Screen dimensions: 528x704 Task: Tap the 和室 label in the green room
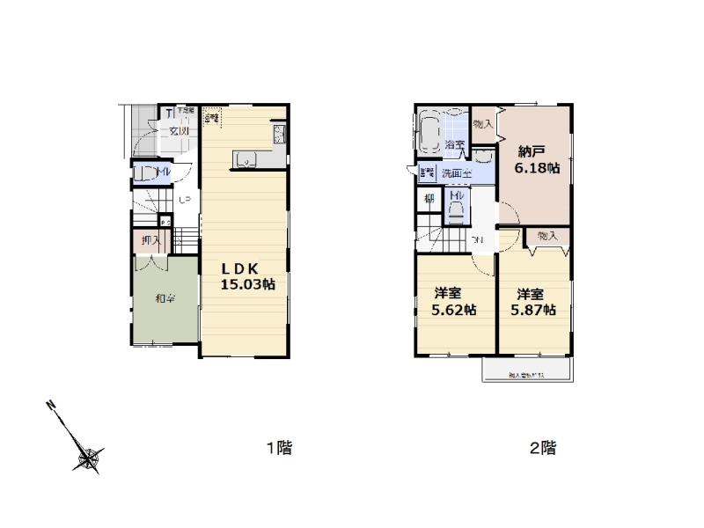(x=165, y=299)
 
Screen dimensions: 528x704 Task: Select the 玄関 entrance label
(x=180, y=131)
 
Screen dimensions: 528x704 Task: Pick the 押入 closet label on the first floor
(x=150, y=240)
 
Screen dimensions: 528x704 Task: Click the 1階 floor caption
(x=279, y=448)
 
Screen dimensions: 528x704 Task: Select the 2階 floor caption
(x=542, y=448)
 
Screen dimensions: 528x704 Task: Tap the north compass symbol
(x=89, y=457)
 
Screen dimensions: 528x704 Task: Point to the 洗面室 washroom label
(x=456, y=172)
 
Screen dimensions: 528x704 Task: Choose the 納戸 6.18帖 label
(x=536, y=158)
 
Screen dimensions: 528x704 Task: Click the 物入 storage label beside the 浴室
(x=483, y=124)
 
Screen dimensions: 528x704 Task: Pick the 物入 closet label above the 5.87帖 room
(x=548, y=236)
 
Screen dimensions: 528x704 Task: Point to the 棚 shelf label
(x=429, y=199)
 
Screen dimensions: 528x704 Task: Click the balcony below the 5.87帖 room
(x=528, y=370)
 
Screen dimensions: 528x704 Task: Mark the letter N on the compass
(x=52, y=406)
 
